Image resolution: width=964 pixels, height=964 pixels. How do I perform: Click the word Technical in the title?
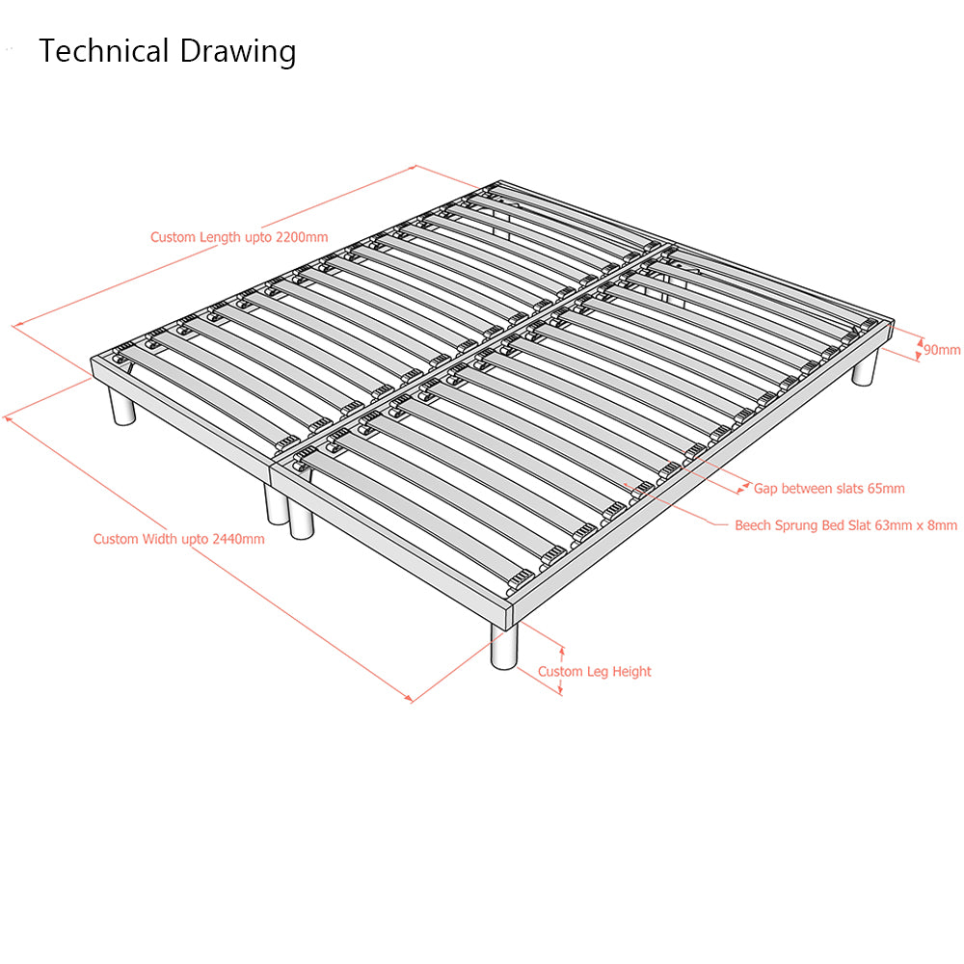(x=104, y=50)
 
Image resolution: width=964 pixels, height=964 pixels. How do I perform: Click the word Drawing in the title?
(x=238, y=52)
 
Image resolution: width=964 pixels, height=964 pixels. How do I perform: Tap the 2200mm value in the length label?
(x=302, y=237)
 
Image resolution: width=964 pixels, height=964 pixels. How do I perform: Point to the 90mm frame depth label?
(x=942, y=350)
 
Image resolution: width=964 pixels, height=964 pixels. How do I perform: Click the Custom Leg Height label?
(x=595, y=671)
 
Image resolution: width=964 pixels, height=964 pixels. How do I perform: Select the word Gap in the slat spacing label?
(x=765, y=490)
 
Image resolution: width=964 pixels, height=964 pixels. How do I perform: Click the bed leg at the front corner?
(x=504, y=646)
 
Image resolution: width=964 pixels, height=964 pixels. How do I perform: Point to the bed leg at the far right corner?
(x=865, y=366)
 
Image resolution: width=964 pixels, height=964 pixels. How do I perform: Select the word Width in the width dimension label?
(x=159, y=539)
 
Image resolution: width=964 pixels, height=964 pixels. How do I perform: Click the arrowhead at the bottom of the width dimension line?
(x=408, y=698)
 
